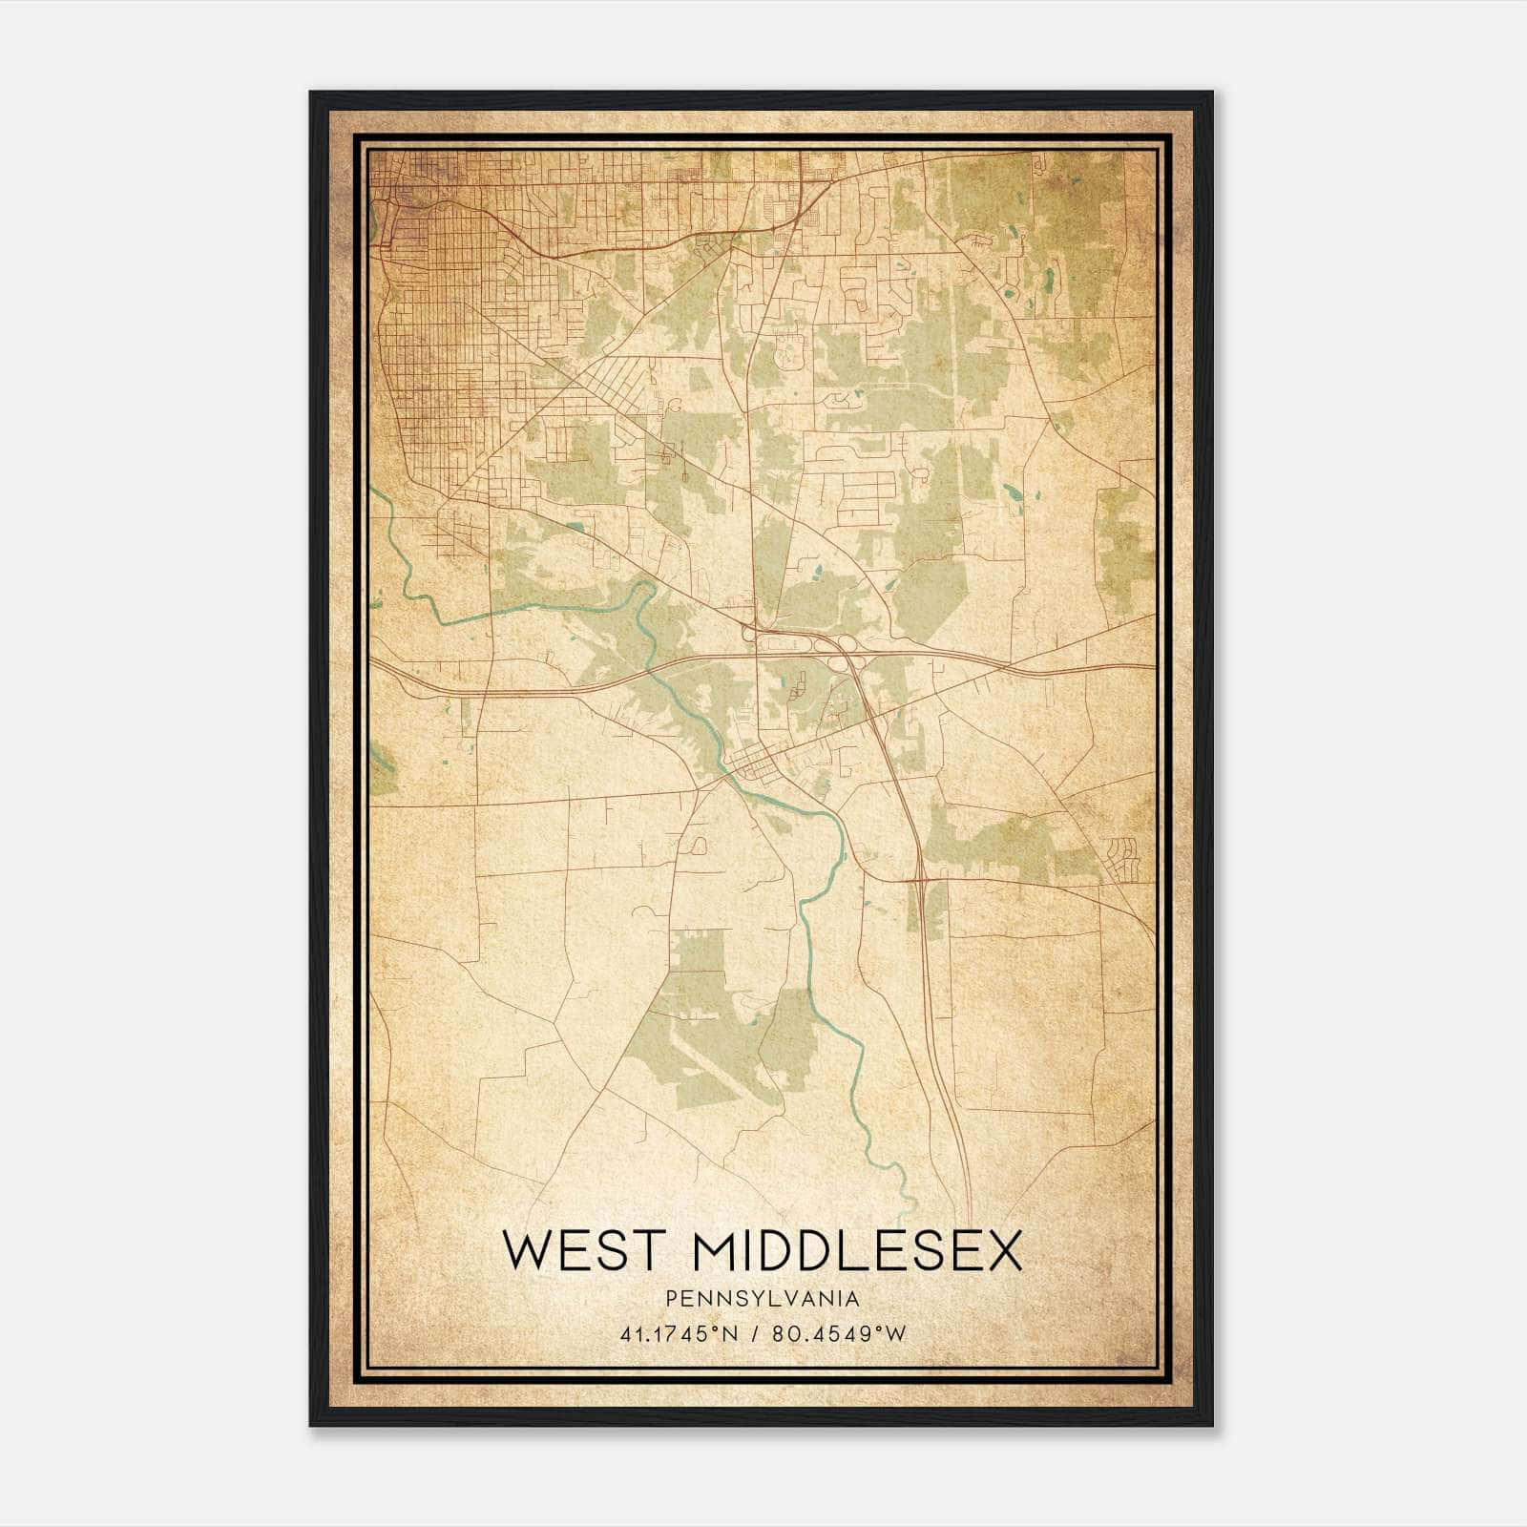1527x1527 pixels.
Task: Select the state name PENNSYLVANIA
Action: coord(762,1299)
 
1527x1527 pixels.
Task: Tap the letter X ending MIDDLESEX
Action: coord(1001,1252)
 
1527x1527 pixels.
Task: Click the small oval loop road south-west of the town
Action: coord(698,844)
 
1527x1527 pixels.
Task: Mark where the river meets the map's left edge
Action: coord(373,492)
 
